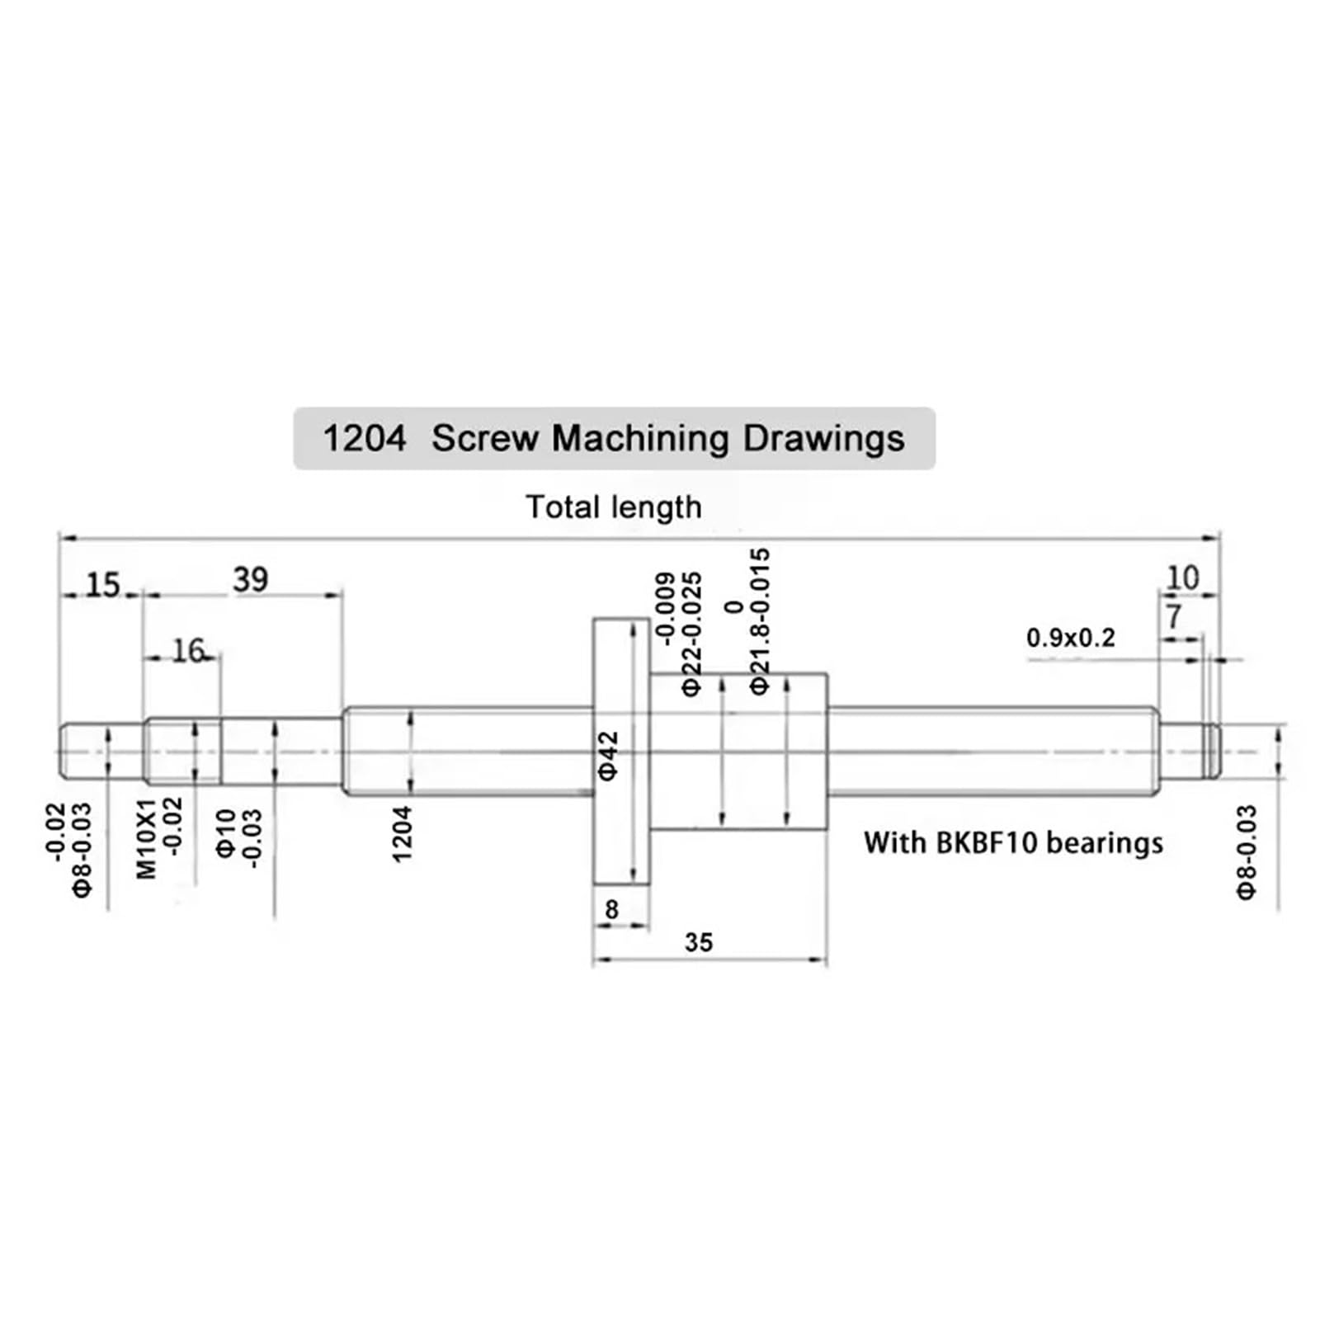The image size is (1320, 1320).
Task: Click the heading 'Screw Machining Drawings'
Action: (x=667, y=438)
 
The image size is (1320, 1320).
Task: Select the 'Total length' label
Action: (x=614, y=507)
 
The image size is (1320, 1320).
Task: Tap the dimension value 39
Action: (x=250, y=579)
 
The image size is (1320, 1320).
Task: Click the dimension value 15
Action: (x=103, y=585)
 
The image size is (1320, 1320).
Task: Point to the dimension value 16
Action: (x=188, y=651)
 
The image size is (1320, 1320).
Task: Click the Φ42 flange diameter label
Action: (x=608, y=755)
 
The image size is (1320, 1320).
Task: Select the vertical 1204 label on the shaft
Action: (x=402, y=834)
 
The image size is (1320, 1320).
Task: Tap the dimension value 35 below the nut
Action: (x=698, y=942)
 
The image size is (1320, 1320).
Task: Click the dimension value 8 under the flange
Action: (x=611, y=909)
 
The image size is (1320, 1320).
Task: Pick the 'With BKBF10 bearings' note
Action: (x=1013, y=843)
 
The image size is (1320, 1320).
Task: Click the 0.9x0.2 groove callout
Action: (x=1070, y=638)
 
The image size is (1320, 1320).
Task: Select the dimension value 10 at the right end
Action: (x=1182, y=577)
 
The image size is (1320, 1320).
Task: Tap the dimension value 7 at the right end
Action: (x=1174, y=616)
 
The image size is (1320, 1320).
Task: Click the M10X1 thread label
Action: (x=146, y=837)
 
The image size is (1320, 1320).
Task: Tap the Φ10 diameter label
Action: (x=226, y=833)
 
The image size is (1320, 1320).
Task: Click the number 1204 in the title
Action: (x=364, y=438)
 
